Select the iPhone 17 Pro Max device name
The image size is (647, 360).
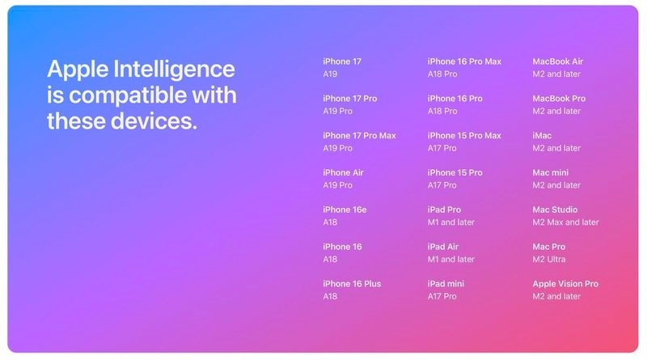click(x=359, y=135)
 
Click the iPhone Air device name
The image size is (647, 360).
click(x=343, y=172)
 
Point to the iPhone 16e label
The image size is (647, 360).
click(x=345, y=210)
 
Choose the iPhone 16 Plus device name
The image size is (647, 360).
click(x=352, y=284)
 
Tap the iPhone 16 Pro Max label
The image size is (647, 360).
click(x=464, y=61)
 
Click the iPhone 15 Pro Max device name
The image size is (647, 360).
click(x=464, y=135)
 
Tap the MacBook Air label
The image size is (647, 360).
click(x=557, y=61)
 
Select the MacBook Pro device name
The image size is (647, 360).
click(x=559, y=99)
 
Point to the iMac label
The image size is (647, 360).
click(x=542, y=135)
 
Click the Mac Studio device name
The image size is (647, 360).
click(x=555, y=210)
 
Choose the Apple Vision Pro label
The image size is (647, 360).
click(x=565, y=284)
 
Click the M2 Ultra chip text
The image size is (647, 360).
click(x=549, y=260)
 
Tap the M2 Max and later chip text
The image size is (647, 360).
click(x=565, y=222)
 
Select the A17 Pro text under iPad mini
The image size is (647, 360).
click(x=442, y=297)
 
